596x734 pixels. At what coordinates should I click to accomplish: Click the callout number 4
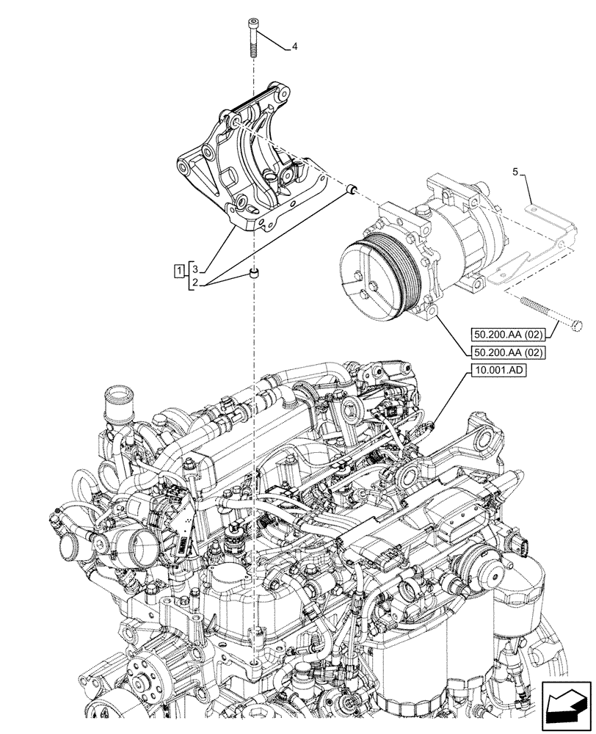point(294,47)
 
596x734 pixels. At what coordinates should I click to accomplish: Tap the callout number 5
point(515,172)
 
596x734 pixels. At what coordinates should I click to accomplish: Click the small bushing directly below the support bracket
point(254,275)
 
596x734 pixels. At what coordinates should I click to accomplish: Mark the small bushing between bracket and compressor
point(352,190)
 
